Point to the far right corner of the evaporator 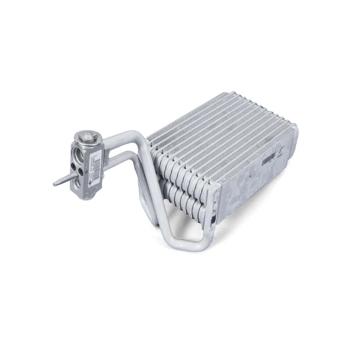pyautogui.click(x=296, y=129)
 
